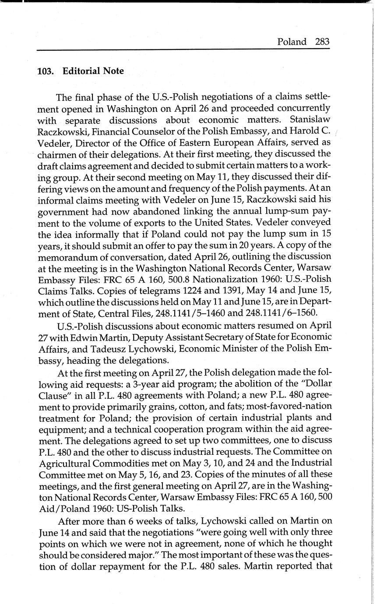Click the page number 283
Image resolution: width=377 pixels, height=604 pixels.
tap(321, 42)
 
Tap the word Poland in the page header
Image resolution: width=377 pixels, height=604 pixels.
tap(292, 42)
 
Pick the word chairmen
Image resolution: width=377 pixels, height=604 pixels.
tap(56, 154)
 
